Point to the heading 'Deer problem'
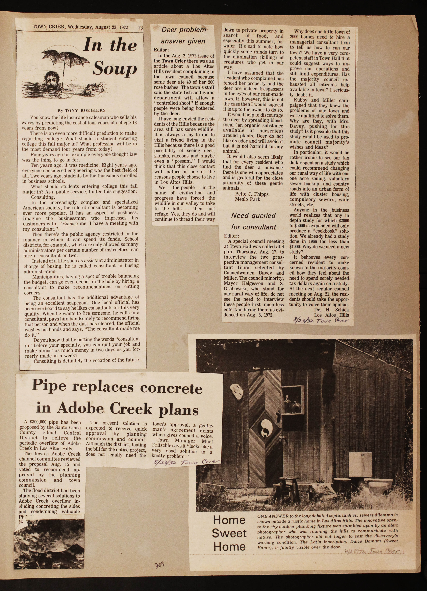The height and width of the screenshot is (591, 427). [x=184, y=30]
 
